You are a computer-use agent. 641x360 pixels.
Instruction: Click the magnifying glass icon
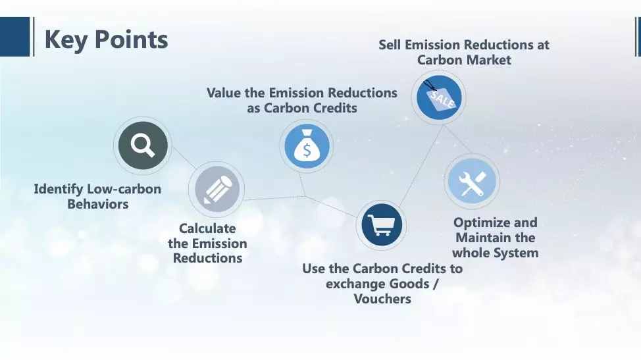(x=143, y=145)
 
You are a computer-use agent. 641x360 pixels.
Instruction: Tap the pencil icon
(x=217, y=189)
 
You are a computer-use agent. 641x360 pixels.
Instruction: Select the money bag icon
(x=307, y=146)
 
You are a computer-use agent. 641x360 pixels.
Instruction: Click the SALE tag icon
(x=439, y=97)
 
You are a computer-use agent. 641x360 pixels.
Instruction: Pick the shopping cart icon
(x=382, y=225)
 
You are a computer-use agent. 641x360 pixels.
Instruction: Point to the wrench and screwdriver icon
(x=472, y=182)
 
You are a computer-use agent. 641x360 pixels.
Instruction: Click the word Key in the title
(x=65, y=40)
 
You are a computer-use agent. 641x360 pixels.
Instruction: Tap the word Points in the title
(x=131, y=39)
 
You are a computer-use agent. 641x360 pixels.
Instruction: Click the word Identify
(x=59, y=190)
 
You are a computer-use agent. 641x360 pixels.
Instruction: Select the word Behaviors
(x=98, y=204)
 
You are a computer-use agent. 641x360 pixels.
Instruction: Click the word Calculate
(x=207, y=228)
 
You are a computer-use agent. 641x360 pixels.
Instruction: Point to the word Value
(x=224, y=93)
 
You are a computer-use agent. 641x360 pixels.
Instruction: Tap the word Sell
(x=390, y=45)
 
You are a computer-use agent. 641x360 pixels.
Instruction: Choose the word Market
(x=488, y=60)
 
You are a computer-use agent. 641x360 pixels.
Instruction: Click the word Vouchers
(x=382, y=299)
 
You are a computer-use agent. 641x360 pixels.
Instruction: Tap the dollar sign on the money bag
(x=307, y=150)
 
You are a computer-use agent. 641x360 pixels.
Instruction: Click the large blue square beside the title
(x=14, y=37)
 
